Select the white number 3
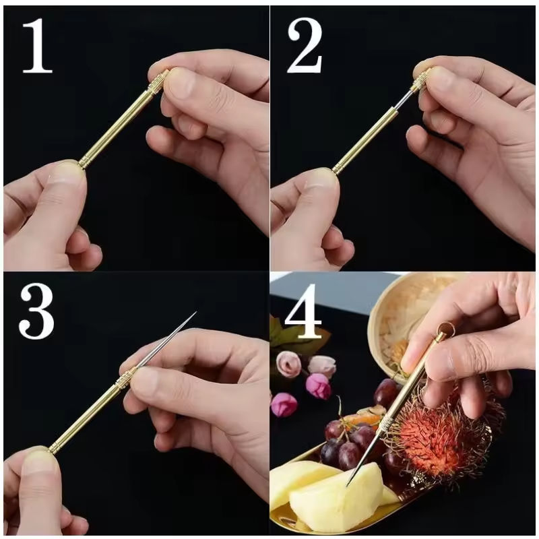pyautogui.click(x=37, y=311)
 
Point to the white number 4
pyautogui.click(x=303, y=311)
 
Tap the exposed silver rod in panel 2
pyautogui.click(x=402, y=99)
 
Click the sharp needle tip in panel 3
pyautogui.click(x=195, y=313)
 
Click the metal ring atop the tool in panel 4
pyautogui.click(x=446, y=330)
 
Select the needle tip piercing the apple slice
pyautogui.click(x=347, y=485)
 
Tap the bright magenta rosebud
pyautogui.click(x=318, y=385)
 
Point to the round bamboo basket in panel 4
pyautogui.click(x=409, y=327)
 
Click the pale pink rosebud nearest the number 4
pyautogui.click(x=288, y=364)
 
